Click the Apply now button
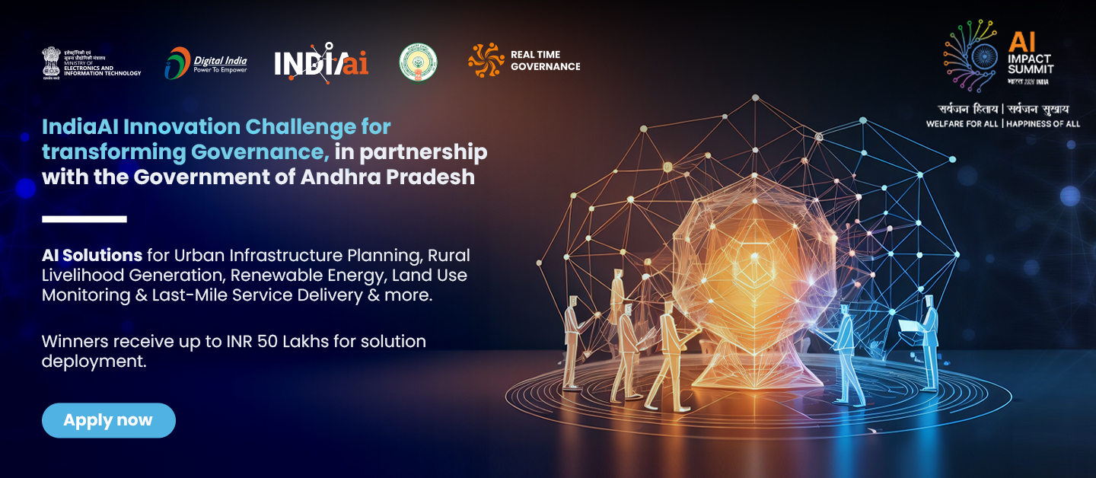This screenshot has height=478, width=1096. click(x=108, y=420)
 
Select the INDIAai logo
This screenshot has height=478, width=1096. click(x=321, y=62)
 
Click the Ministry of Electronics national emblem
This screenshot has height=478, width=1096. click(x=51, y=62)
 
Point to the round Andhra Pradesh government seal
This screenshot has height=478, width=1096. click(x=418, y=62)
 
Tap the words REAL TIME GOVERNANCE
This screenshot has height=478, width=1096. click(x=545, y=61)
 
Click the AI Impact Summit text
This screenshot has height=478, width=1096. click(x=1030, y=53)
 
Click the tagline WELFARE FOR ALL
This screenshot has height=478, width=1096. click(x=961, y=123)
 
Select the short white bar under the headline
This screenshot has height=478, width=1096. click(x=84, y=219)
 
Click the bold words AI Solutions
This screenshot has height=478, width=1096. click(x=92, y=254)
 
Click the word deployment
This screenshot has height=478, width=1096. click(x=94, y=362)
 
